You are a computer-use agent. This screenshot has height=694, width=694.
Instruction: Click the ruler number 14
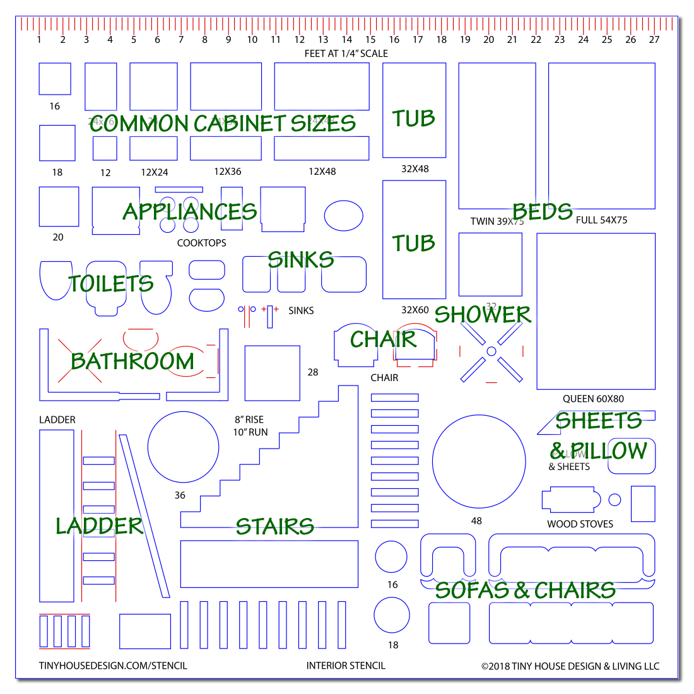pyautogui.click(x=346, y=40)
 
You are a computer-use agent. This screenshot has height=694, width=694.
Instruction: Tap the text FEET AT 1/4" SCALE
pyautogui.click(x=346, y=54)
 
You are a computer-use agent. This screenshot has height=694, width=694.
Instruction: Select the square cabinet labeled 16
pyautogui.click(x=55, y=79)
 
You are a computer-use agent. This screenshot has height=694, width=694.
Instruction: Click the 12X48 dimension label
pyautogui.click(x=322, y=172)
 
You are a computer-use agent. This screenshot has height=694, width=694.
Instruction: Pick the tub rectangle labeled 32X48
pyautogui.click(x=414, y=110)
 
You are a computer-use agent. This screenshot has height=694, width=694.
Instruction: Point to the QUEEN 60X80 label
pyautogui.click(x=593, y=399)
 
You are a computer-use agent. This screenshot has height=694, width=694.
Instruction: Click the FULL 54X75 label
pyautogui.click(x=601, y=220)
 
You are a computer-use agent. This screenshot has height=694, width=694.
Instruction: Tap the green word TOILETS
pyautogui.click(x=111, y=284)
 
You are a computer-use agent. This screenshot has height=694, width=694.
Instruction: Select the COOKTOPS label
pyautogui.click(x=201, y=243)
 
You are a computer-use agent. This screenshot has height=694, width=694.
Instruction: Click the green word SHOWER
pyautogui.click(x=483, y=315)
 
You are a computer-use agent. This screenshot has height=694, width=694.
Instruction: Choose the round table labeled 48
pyautogui.click(x=479, y=461)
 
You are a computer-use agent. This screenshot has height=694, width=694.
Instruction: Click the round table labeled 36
pyautogui.click(x=183, y=447)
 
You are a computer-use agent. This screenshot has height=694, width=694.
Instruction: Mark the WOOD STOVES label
pyautogui.click(x=580, y=524)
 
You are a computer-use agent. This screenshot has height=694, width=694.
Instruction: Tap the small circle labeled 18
pyautogui.click(x=392, y=615)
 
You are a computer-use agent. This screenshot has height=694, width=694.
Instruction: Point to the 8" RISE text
pyautogui.click(x=249, y=420)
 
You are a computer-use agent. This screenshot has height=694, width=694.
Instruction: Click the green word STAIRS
pyautogui.click(x=274, y=527)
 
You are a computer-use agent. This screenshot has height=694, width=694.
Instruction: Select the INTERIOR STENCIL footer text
pyautogui.click(x=346, y=666)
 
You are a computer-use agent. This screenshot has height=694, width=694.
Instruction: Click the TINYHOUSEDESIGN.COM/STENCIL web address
pyautogui.click(x=113, y=666)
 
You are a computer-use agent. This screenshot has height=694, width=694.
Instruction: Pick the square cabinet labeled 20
pyautogui.click(x=59, y=206)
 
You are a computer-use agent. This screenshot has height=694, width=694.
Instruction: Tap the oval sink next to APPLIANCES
pyautogui.click(x=344, y=216)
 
